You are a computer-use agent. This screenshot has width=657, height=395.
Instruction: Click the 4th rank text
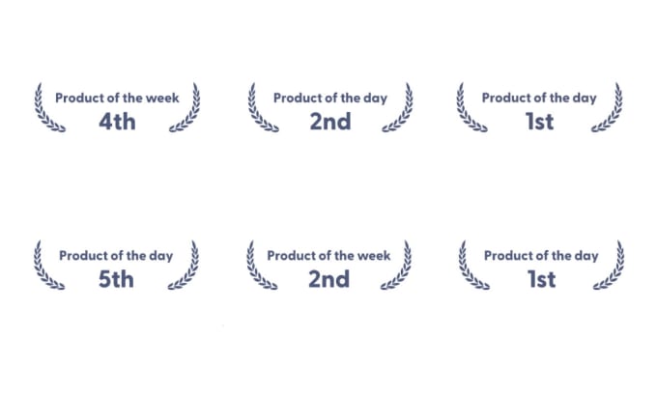(117, 122)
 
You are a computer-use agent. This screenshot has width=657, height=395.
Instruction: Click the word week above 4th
(162, 98)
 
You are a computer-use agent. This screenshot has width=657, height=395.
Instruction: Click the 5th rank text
(116, 279)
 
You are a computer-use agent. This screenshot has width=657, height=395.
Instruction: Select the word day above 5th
(161, 256)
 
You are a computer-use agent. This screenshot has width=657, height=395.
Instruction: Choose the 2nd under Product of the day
(330, 122)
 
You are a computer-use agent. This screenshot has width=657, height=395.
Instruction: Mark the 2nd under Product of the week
(328, 279)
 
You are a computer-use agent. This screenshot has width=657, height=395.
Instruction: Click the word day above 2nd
(375, 99)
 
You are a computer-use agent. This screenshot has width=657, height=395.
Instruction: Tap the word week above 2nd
(374, 256)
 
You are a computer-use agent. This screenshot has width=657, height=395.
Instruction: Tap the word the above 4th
(132, 98)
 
